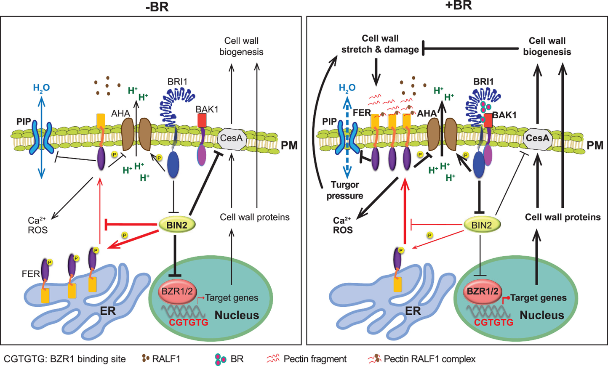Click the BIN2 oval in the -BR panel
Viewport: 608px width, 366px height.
[177, 225]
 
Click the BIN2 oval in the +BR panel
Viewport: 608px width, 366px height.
[482, 225]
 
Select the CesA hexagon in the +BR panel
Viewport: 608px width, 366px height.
[537, 138]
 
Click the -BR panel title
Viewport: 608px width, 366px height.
[157, 7]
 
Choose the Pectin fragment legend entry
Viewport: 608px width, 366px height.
[315, 359]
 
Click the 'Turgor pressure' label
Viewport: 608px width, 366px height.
[345, 190]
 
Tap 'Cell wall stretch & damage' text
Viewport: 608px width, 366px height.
[380, 44]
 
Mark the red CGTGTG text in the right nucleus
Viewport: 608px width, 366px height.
[493, 323]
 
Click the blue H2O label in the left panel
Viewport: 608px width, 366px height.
[41, 88]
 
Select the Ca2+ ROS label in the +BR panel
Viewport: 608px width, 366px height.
[342, 225]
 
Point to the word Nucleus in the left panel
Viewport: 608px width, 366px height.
[237, 315]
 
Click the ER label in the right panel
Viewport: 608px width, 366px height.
[413, 311]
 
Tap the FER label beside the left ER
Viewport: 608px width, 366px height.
[30, 274]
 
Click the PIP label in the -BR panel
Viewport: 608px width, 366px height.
[24, 122]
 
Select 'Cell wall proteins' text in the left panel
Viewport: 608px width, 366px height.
[255, 217]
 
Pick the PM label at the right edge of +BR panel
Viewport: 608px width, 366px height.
[595, 146]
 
